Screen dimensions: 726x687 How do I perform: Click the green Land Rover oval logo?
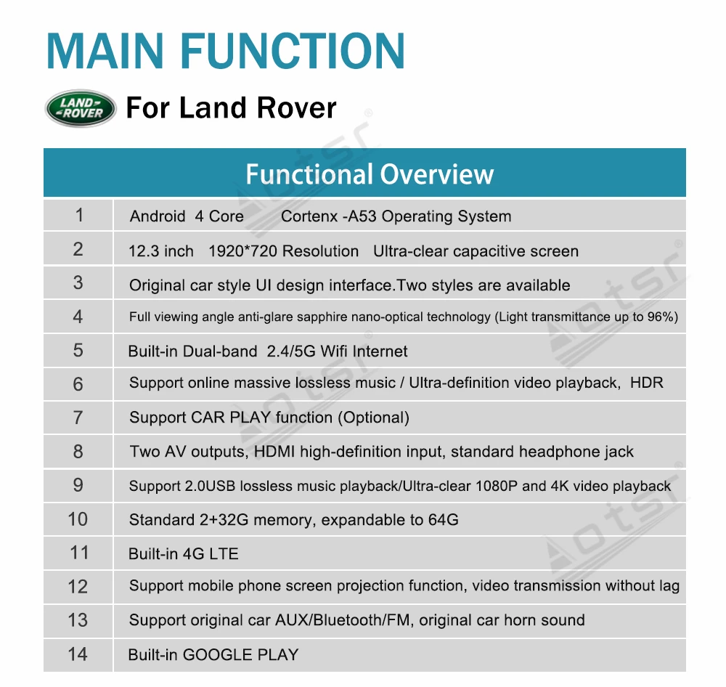80,108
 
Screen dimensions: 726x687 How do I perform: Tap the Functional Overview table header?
369,174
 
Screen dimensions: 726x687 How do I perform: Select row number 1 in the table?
78,215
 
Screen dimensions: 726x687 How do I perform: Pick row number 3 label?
78,282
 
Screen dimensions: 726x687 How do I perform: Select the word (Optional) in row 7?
374,418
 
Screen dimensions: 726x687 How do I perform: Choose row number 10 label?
78,519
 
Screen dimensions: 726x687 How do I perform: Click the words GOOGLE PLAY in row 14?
240,654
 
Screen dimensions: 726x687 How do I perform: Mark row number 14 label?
78,654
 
